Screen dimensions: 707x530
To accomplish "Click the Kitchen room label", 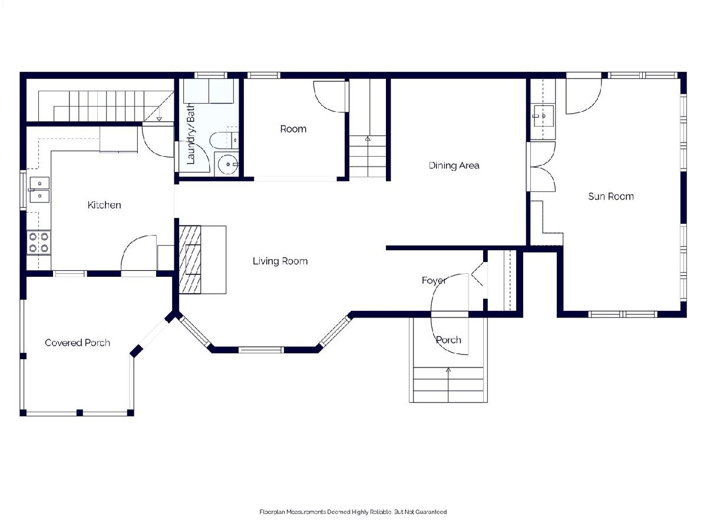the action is click(104, 205).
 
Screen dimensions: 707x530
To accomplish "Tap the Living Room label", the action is click(280, 261).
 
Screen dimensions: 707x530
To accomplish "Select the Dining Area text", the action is click(454, 165).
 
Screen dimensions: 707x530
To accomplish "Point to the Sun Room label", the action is click(611, 196).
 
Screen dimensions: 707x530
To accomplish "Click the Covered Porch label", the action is click(77, 343).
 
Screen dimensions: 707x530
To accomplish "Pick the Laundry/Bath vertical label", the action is click(191, 134).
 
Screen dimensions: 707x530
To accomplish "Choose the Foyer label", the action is click(434, 281).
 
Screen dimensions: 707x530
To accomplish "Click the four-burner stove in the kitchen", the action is click(39, 243).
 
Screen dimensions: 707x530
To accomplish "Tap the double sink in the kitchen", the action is click(39, 190).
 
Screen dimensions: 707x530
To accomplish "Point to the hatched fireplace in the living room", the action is click(190, 260).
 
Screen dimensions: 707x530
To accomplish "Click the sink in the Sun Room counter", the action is click(543, 116).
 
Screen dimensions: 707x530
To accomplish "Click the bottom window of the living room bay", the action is click(261, 350).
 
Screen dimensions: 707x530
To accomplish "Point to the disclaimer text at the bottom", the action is click(353, 512).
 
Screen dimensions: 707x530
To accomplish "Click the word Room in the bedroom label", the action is click(293, 129).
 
